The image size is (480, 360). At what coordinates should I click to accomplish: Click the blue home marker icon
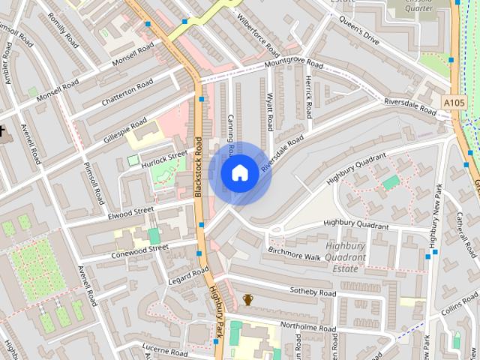click(239, 172)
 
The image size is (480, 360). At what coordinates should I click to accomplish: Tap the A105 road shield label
click(454, 102)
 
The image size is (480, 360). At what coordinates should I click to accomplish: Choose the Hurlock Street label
click(167, 156)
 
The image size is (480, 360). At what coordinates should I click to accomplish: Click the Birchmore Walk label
click(293, 254)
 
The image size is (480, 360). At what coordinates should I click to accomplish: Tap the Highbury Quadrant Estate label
click(346, 257)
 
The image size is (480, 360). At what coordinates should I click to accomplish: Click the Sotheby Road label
click(313, 291)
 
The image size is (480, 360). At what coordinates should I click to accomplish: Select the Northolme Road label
click(307, 328)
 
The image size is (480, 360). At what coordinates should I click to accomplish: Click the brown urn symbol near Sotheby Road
click(248, 300)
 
